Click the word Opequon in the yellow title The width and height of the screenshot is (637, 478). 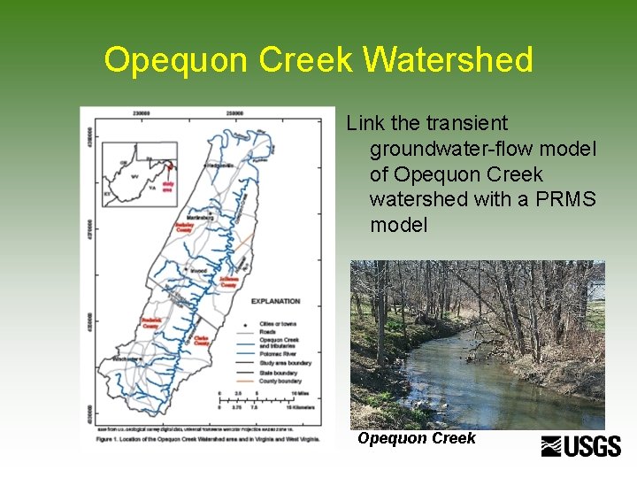click(177, 60)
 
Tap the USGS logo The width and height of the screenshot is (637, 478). click(581, 446)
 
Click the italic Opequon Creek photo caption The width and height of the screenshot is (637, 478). click(417, 438)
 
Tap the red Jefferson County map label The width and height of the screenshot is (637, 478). click(228, 282)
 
